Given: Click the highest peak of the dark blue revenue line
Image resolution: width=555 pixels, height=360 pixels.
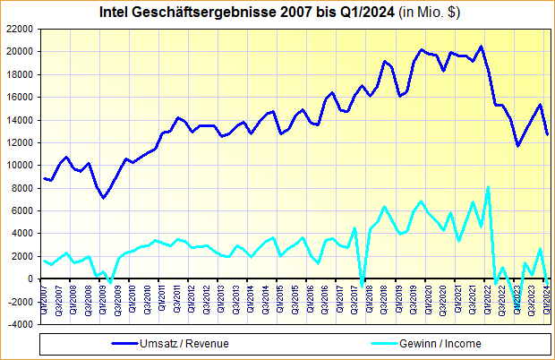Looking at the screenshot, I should (481, 47).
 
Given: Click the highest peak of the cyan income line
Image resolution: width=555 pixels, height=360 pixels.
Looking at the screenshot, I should (488, 187).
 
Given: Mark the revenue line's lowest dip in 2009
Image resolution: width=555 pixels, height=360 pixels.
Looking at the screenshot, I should (103, 198).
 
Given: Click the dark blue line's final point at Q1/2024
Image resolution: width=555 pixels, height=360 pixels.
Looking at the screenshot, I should (548, 134).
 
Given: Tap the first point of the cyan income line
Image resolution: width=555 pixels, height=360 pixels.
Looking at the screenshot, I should (44, 260).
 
